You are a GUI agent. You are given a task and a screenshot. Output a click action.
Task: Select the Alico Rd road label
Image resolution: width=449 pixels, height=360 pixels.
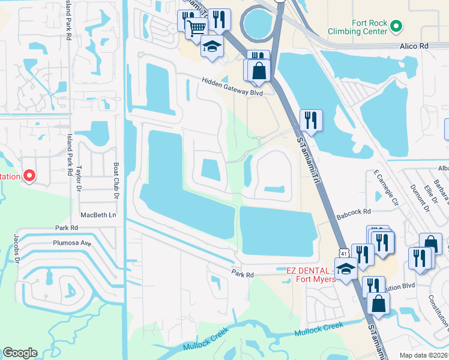415,46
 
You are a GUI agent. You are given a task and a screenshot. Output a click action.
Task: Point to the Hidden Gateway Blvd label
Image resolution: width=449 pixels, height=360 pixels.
232,82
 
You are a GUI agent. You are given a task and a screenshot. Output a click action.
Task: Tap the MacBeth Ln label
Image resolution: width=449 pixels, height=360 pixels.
98,214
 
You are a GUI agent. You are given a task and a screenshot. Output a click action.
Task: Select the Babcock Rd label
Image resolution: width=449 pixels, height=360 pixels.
354,211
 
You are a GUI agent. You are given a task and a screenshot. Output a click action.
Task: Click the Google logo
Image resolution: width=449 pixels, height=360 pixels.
20,353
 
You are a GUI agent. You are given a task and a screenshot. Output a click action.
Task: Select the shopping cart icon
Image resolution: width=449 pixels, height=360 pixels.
196,27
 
